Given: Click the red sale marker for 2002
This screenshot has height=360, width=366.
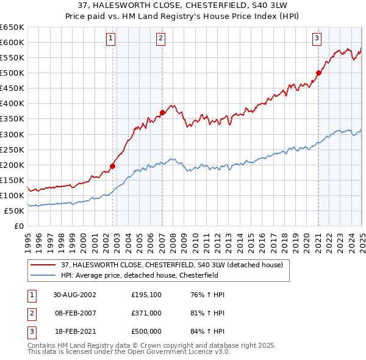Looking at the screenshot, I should [x=113, y=165].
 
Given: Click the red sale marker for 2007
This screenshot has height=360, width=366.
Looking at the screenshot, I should [x=162, y=112].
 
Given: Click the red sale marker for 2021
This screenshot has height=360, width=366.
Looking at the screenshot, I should [x=318, y=73].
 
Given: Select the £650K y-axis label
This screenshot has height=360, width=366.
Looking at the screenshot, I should [x=12, y=27].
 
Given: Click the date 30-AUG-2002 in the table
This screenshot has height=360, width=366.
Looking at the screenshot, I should [x=74, y=295].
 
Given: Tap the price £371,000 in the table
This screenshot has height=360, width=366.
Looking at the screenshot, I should [x=146, y=313].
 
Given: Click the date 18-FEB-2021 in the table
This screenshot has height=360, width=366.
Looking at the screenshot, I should [x=74, y=331].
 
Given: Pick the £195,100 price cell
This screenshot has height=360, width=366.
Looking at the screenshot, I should [x=146, y=295].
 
